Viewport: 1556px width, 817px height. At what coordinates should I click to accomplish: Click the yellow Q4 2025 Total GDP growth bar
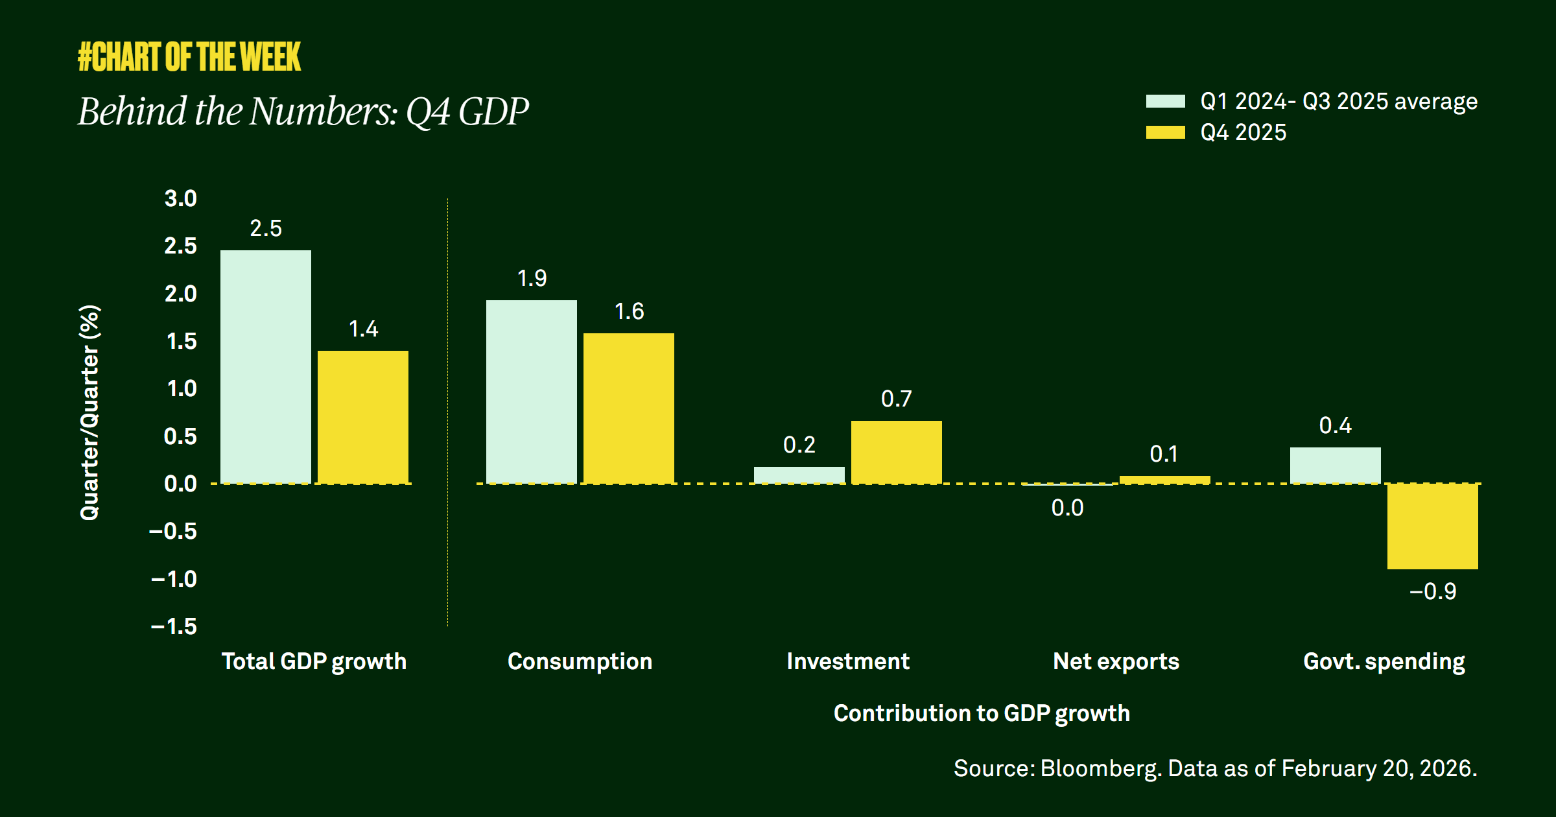click(363, 417)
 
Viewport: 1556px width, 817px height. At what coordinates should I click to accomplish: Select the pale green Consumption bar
click(532, 392)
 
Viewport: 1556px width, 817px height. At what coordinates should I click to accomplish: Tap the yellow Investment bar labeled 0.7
click(896, 452)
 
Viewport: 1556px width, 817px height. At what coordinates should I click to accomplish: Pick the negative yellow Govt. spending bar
click(1432, 527)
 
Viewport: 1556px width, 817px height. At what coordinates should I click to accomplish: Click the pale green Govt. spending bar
click(1335, 465)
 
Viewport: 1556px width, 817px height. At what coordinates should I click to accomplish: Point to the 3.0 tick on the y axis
click(180, 198)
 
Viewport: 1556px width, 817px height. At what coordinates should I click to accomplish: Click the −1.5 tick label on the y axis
click(174, 626)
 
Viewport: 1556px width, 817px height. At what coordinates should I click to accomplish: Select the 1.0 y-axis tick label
click(182, 388)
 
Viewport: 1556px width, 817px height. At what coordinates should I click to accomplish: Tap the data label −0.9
click(1432, 591)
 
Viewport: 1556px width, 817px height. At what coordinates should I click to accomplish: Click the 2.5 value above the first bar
click(266, 228)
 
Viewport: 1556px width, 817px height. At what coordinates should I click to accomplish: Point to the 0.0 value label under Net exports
click(1067, 508)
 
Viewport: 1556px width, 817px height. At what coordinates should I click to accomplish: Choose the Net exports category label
click(1116, 661)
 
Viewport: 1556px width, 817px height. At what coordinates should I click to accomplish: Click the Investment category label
click(848, 661)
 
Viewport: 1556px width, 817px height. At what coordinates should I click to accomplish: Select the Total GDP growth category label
click(314, 661)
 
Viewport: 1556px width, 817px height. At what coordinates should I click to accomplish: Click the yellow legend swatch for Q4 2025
click(1165, 132)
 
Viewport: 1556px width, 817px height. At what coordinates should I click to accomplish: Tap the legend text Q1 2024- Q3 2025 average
click(1339, 101)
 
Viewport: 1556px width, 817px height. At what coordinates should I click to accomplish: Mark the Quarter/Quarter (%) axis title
click(89, 412)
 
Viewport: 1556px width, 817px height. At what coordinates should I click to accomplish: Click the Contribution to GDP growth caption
click(982, 713)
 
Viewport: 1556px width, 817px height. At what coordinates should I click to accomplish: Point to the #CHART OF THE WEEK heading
click(189, 56)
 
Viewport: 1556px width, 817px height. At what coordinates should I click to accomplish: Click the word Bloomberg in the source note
click(1099, 768)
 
